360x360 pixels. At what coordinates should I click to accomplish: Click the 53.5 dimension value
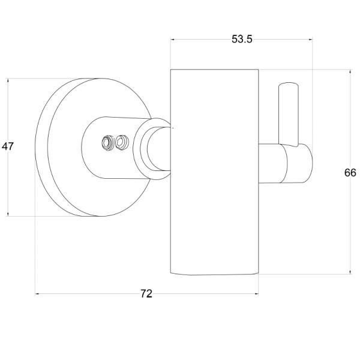pos(242,39)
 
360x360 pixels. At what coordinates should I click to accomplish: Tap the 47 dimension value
pos(8,146)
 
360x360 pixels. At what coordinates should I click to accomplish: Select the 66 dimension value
pos(350,173)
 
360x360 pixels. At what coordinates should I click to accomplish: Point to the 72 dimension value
pos(146,293)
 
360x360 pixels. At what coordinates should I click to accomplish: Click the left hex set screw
pos(107,143)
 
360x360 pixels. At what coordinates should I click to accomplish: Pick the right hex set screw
pos(121,143)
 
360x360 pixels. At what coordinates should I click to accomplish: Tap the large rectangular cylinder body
pos(214,172)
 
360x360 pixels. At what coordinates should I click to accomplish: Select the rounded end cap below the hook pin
pos(298,163)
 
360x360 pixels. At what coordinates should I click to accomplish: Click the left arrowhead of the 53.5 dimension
pos(172,40)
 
